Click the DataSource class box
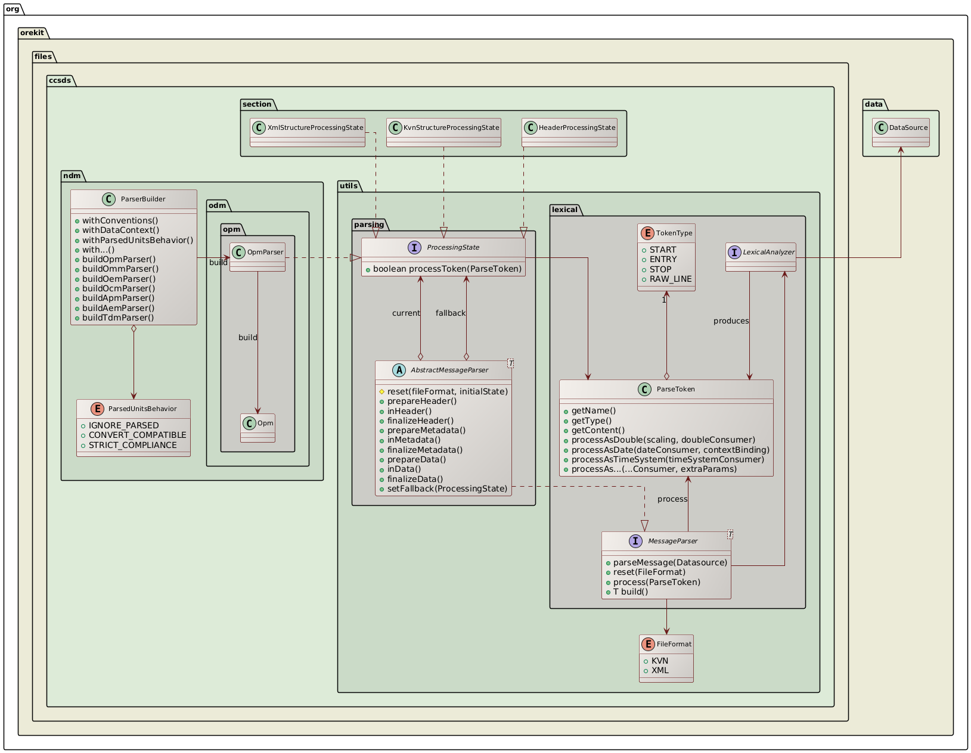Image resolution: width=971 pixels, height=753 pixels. click(900, 132)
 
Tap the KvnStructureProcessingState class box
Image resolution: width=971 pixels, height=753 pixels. click(443, 132)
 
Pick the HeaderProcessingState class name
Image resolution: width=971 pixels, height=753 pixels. click(576, 127)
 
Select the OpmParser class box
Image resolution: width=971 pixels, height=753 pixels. click(258, 257)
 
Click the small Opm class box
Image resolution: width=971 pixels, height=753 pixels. click(258, 428)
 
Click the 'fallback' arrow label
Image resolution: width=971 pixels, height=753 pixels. click(450, 313)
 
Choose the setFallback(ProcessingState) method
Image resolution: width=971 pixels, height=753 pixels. click(447, 488)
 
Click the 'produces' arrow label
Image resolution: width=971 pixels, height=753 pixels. click(731, 321)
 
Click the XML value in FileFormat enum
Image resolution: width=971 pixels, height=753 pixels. click(660, 670)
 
